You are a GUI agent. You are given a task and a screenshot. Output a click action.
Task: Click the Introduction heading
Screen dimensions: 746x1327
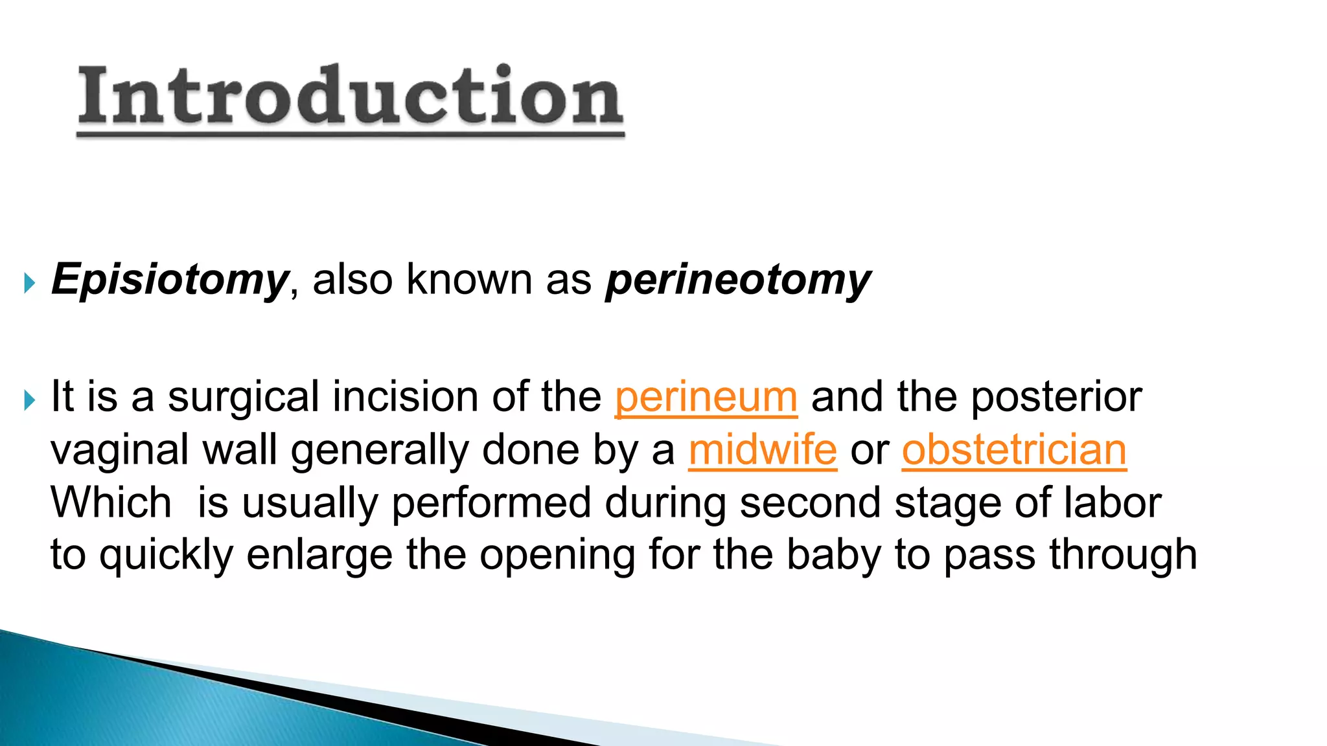coord(351,97)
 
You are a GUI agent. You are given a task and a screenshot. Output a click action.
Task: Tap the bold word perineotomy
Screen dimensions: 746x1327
coord(738,280)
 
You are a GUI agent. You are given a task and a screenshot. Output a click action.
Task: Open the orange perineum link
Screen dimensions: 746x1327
coord(706,397)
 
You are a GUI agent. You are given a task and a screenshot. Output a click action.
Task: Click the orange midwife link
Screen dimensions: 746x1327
coord(763,450)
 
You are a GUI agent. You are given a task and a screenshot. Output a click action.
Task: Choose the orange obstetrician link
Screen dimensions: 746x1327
coord(1014,450)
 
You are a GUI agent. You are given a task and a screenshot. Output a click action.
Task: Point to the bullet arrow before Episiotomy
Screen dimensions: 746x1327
coord(29,282)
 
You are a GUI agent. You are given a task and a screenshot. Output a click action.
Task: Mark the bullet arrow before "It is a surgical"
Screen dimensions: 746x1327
coord(29,400)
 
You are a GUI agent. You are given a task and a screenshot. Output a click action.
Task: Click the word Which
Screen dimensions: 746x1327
coord(111,503)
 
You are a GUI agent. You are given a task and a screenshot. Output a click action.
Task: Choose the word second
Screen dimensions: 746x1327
coord(810,503)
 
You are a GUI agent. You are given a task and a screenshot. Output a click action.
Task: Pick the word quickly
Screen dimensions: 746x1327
coord(166,556)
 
